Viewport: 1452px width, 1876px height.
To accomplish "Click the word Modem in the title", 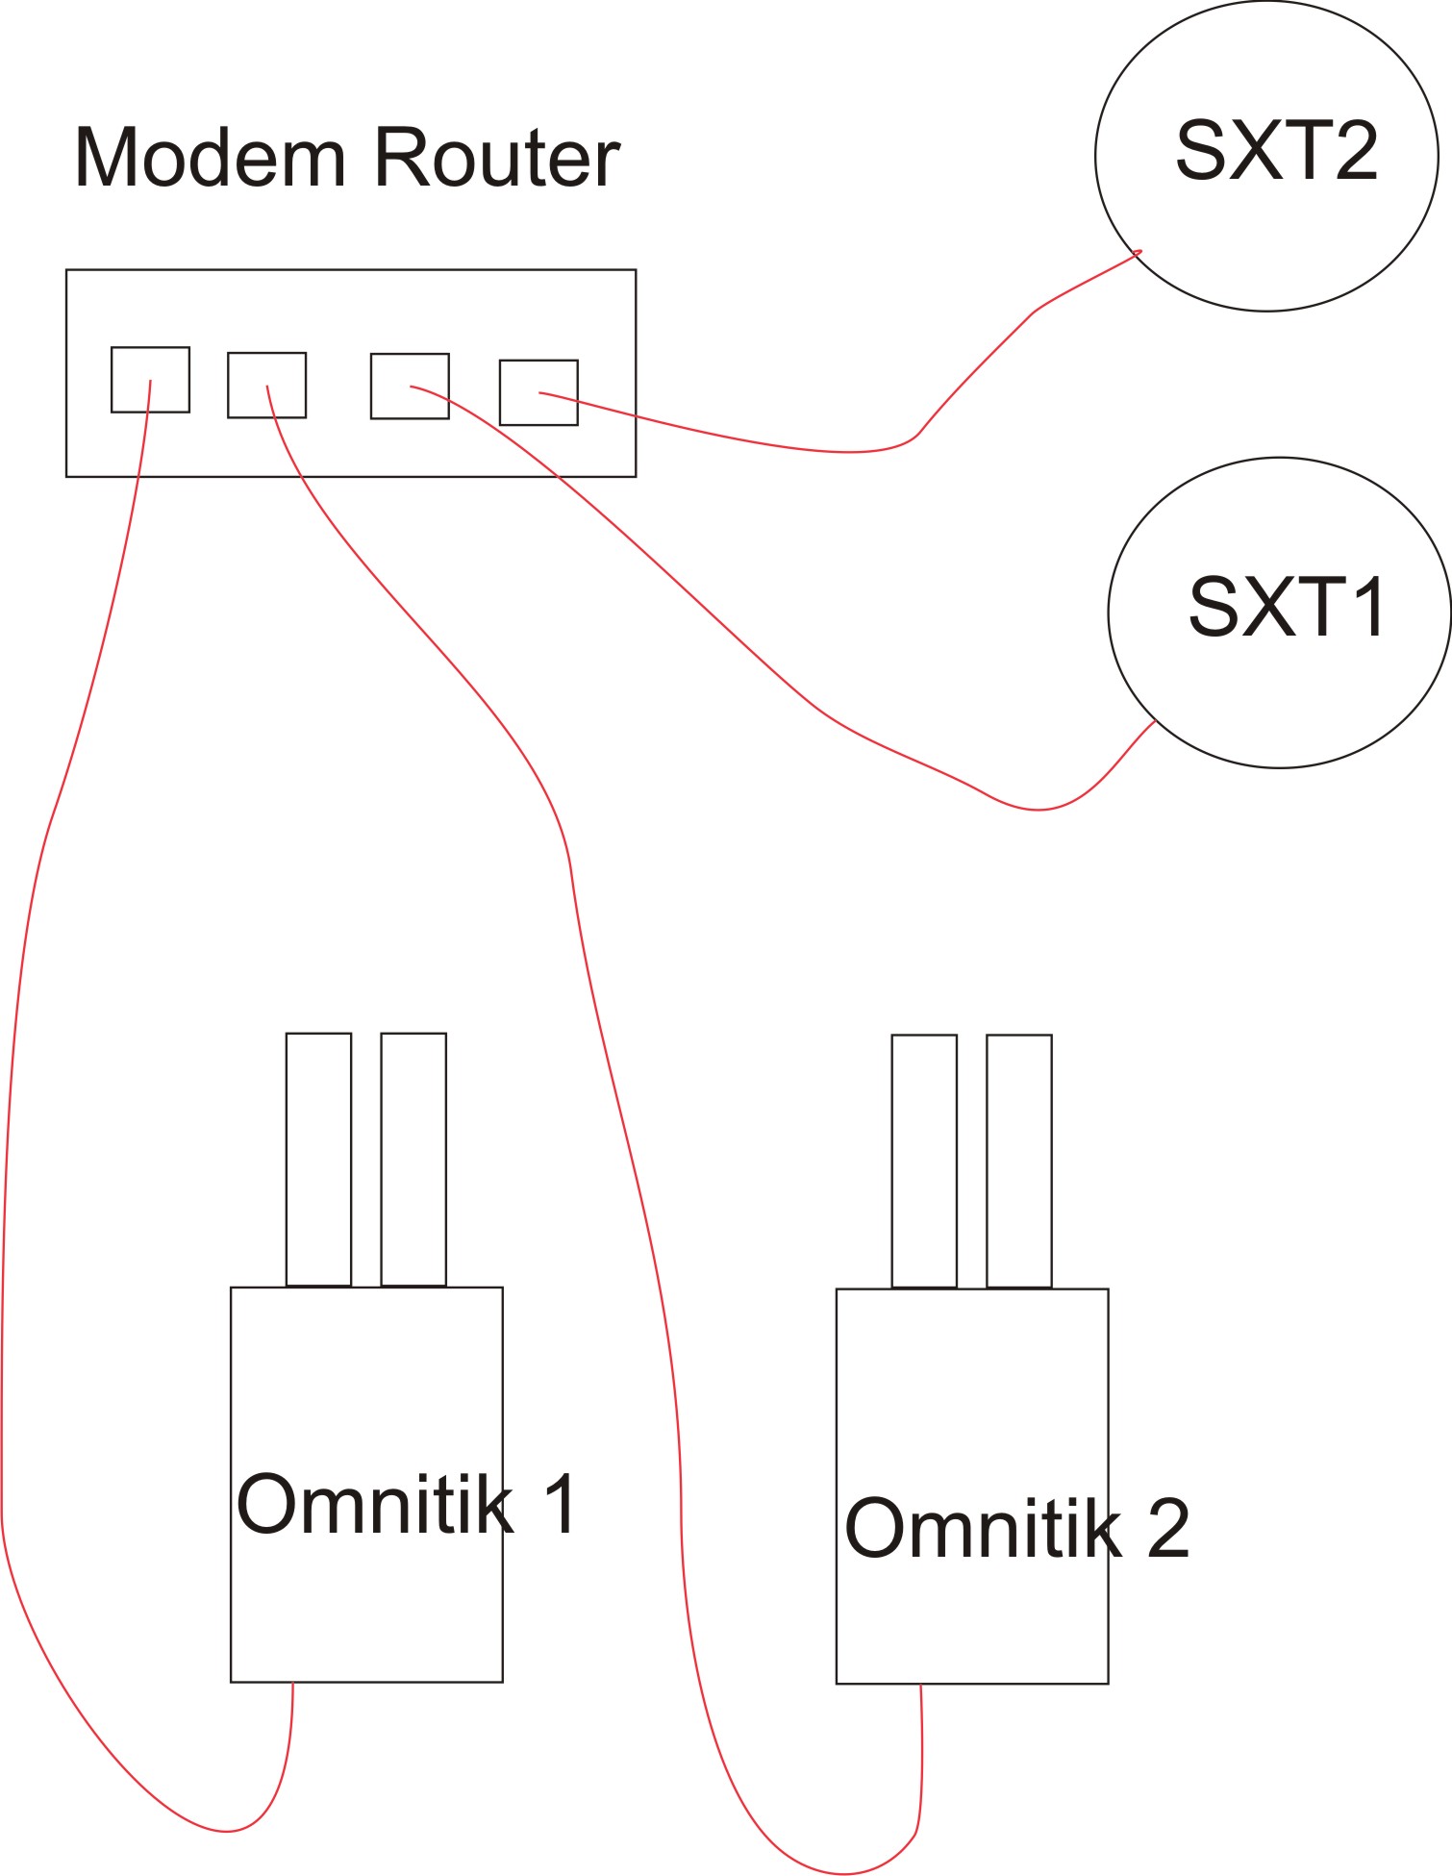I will point(209,158).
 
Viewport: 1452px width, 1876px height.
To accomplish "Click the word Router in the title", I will point(496,158).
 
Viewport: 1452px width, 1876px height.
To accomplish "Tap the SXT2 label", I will point(1276,151).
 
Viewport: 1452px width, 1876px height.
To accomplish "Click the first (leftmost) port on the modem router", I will point(150,379).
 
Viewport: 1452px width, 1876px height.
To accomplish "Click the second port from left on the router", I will point(266,385).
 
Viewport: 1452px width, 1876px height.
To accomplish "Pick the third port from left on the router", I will point(410,386).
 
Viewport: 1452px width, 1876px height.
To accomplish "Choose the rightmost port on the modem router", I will point(538,392).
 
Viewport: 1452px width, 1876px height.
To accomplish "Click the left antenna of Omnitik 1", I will point(318,1159).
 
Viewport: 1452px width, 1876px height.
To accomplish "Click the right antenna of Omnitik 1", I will point(413,1159).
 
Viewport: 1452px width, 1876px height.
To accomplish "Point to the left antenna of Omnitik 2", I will point(924,1161).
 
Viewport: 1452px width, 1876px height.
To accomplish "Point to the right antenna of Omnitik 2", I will point(1019,1161).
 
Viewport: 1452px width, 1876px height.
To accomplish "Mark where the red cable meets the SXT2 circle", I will point(1139,253).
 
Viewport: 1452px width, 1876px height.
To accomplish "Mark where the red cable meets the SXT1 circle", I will point(1154,721).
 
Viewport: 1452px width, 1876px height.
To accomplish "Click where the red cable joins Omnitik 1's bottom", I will point(292,1683).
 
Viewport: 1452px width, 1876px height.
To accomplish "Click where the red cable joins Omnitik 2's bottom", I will point(921,1685).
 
